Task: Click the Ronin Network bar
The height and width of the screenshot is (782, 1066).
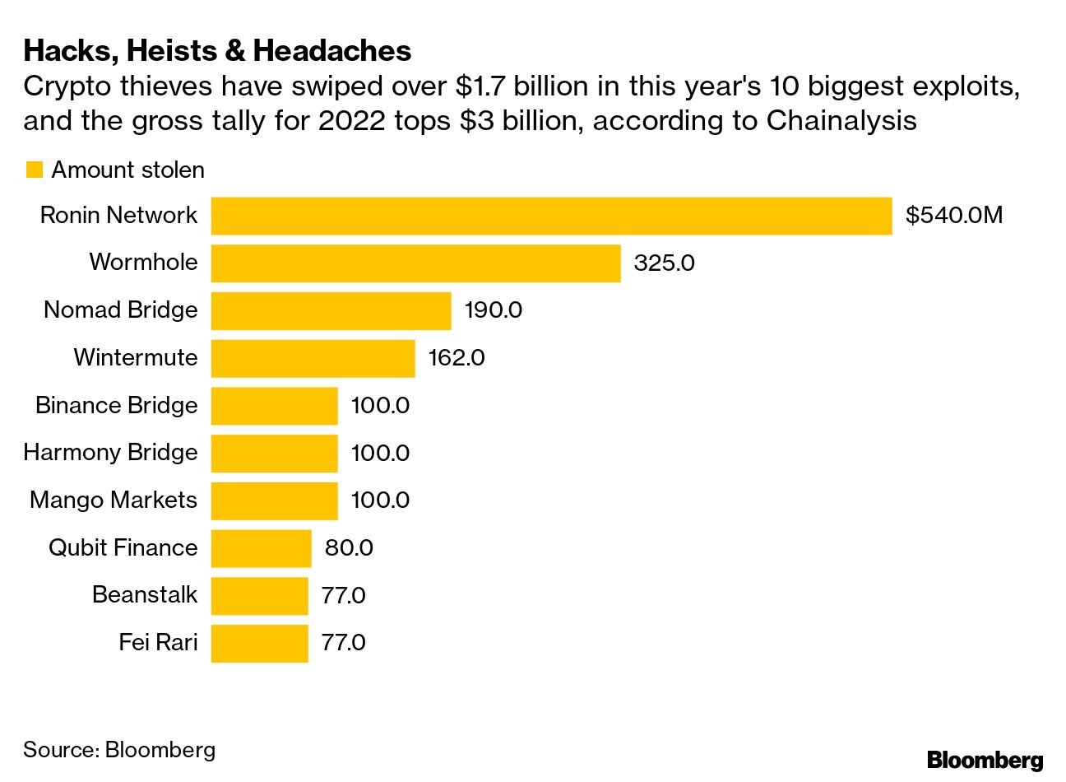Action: [551, 216]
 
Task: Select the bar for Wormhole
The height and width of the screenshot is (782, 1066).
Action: [415, 263]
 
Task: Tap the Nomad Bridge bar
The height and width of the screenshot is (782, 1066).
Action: [331, 310]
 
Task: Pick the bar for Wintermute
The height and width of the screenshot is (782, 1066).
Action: [313, 358]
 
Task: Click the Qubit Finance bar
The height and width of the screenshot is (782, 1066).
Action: [261, 548]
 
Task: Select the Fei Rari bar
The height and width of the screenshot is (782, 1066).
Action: [259, 643]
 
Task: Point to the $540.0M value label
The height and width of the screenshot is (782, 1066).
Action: [954, 216]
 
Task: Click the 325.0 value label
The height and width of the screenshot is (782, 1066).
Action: [664, 263]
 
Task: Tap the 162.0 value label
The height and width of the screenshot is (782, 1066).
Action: [457, 358]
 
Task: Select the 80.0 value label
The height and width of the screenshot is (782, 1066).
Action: [349, 548]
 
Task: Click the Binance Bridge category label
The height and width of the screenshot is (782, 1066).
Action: [117, 405]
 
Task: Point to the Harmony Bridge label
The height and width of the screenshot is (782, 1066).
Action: [110, 453]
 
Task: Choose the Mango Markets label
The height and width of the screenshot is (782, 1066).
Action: [114, 500]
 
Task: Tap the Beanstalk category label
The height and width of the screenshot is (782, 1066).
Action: [145, 595]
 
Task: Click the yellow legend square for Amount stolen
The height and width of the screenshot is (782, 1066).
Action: [34, 170]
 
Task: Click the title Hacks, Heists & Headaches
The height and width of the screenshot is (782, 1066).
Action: [217, 51]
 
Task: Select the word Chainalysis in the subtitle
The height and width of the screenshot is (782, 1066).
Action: [841, 121]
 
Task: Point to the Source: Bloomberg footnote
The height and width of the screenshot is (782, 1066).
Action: [119, 750]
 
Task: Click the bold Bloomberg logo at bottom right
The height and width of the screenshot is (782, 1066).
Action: [985, 760]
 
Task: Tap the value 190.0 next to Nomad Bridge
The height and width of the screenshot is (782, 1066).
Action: [494, 310]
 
